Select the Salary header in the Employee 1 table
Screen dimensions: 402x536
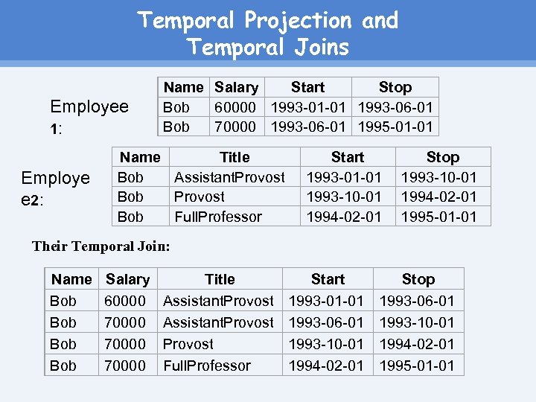click(x=236, y=87)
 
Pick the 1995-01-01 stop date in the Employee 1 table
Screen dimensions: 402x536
click(x=395, y=127)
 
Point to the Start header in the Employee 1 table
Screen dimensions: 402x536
click(x=307, y=87)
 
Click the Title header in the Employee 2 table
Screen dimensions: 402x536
click(x=234, y=157)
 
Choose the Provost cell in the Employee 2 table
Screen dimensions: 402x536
click(x=199, y=197)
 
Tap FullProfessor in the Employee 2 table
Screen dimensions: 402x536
click(x=217, y=217)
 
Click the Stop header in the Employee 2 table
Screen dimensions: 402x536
click(x=442, y=157)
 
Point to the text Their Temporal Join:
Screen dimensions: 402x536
click(x=101, y=246)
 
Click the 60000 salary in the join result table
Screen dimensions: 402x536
click(x=126, y=301)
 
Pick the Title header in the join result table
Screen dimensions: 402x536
click(x=220, y=279)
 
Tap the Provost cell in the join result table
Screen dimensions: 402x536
click(x=188, y=344)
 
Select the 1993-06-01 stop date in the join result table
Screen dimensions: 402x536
click(x=418, y=301)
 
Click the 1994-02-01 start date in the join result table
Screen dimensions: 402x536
click(x=328, y=366)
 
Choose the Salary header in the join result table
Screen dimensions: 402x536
click(x=127, y=279)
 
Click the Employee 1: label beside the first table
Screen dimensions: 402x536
click(x=88, y=116)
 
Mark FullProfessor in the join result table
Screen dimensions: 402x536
click(x=206, y=366)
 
